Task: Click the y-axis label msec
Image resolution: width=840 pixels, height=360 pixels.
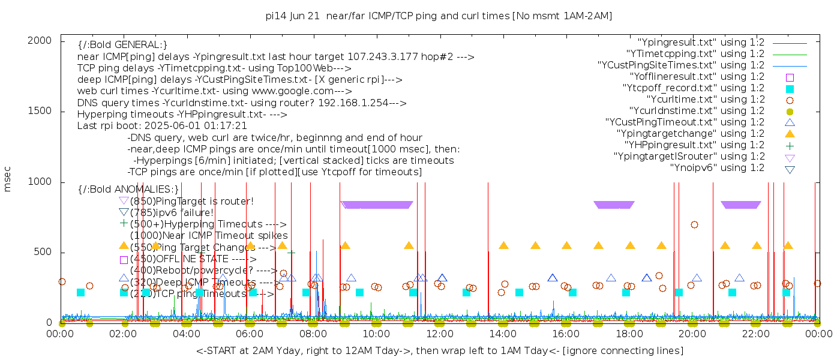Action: [8, 179]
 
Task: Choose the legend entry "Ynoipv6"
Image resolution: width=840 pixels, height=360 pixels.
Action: [717, 168]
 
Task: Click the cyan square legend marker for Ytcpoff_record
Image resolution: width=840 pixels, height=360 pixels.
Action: [790, 89]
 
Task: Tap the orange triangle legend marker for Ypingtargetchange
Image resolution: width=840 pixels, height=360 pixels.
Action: [790, 134]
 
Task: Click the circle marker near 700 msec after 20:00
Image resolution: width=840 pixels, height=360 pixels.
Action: [694, 224]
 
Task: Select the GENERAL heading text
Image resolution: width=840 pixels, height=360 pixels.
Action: [122, 45]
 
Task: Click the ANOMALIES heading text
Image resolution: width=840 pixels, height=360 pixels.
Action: [129, 189]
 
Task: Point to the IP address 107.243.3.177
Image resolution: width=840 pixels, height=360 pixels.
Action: [388, 57]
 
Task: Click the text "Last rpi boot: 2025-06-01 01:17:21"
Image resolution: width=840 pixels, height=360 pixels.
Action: [162, 126]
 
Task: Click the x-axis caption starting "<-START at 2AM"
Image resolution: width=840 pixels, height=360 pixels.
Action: [439, 350]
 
